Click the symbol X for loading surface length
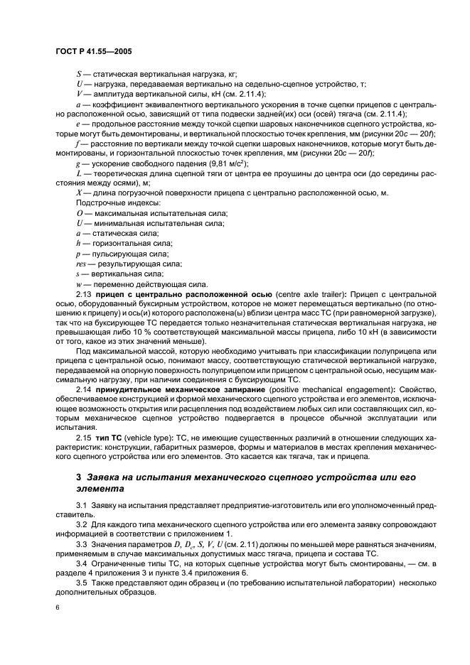coord(79,194)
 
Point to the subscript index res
coord(81,264)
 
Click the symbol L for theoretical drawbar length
coord(79,174)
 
